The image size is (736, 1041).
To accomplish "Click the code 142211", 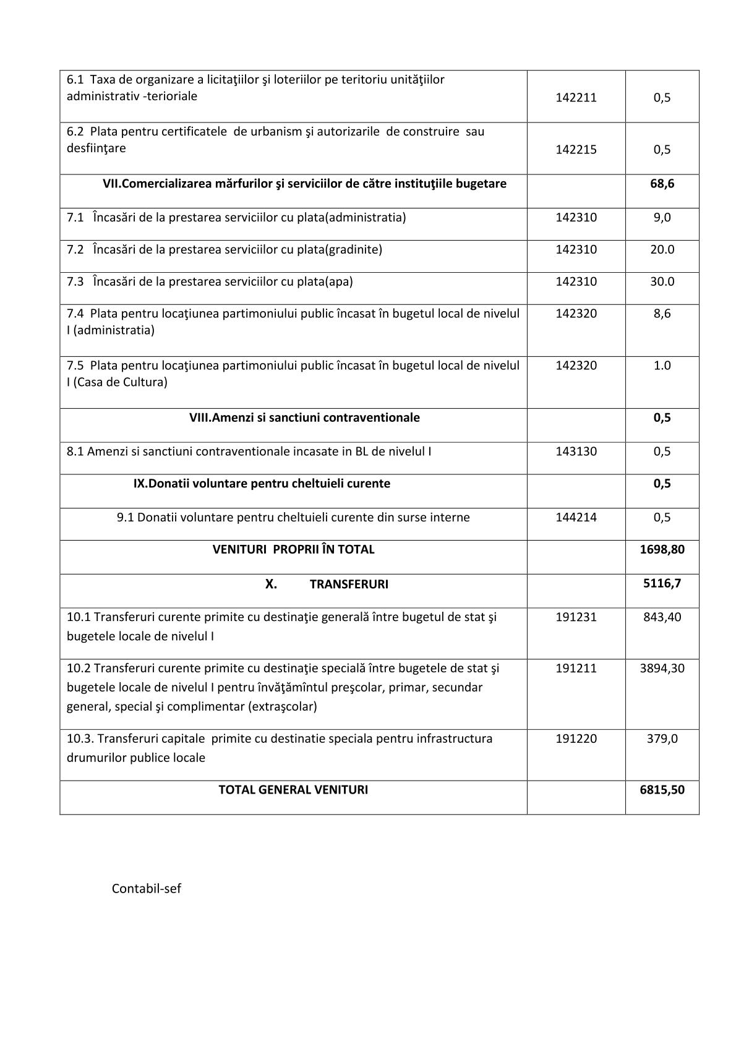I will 576,97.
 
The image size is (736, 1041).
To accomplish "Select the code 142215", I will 576,149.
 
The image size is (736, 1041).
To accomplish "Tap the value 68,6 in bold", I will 662,184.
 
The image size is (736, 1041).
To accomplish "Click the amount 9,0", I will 662,217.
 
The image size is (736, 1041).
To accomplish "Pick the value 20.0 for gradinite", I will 662,249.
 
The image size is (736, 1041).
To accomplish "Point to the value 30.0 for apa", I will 662,281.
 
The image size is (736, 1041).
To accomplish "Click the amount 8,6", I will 662,314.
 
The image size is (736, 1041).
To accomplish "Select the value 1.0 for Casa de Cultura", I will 662,366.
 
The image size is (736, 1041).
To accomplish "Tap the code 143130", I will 576,451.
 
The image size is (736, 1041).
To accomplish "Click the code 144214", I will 576,517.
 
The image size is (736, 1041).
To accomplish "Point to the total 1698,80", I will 662,549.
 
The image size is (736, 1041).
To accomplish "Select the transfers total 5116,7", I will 662,583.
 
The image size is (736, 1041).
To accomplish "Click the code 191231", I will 576,617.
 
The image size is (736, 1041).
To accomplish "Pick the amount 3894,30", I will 662,668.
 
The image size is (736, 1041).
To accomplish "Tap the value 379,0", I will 662,739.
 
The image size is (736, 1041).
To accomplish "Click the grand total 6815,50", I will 662,790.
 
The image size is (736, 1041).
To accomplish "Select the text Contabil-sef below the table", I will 147,889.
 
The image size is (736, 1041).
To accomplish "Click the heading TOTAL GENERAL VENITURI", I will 293,790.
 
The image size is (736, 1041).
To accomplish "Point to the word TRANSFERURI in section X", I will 349,585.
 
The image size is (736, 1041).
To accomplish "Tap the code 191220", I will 576,739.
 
